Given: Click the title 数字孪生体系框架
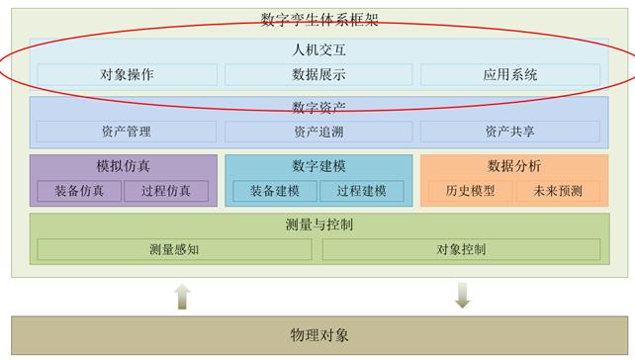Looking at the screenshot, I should click(x=317, y=19).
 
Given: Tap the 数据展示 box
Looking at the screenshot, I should click(x=317, y=74).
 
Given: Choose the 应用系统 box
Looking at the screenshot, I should click(x=509, y=74).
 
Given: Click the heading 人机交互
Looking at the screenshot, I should click(x=317, y=48).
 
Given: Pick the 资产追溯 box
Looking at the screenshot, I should click(x=317, y=131).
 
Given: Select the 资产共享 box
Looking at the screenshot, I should click(x=509, y=131).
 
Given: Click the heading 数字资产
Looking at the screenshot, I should click(x=317, y=106).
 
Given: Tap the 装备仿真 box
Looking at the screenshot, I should click(x=79, y=191).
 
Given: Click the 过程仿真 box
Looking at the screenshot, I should click(x=167, y=191).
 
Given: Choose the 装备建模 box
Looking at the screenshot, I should click(x=274, y=191).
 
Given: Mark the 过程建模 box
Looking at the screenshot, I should click(x=361, y=191).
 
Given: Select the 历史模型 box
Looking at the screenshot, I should click(x=470, y=191).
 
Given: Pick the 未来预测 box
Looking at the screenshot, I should click(x=558, y=191).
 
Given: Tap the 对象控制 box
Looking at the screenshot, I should click(x=461, y=249).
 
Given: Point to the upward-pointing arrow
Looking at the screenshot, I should click(x=181, y=296).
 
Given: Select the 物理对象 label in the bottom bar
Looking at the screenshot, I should click(x=317, y=335).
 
